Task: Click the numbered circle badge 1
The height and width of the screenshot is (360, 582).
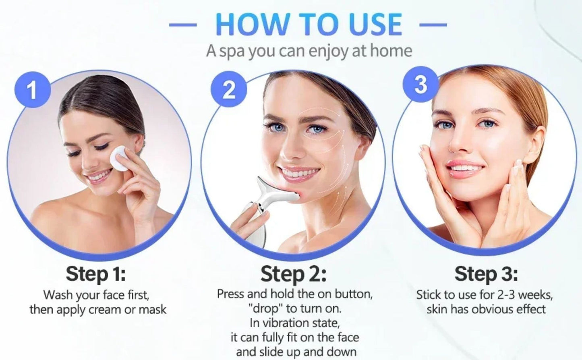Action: point(33,90)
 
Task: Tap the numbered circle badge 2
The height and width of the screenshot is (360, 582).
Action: point(229,89)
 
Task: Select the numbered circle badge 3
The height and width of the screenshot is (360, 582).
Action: point(420,85)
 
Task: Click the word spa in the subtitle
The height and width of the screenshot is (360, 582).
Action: point(232,52)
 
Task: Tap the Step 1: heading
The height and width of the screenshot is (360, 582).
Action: point(95,274)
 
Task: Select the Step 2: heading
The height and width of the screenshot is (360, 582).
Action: point(293,274)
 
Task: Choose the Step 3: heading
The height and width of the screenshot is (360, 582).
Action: point(486,274)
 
